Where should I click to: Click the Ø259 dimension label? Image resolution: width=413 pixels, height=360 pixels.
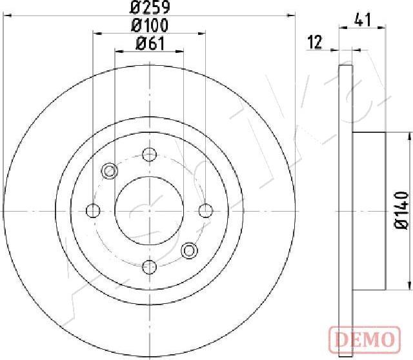(x=150, y=7)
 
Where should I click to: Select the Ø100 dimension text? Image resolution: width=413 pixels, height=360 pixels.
(x=149, y=25)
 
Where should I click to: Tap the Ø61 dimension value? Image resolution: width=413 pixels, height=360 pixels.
(x=150, y=43)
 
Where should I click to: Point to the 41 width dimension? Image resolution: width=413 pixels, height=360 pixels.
(x=363, y=19)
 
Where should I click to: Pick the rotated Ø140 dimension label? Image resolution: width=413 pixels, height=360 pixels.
(x=401, y=211)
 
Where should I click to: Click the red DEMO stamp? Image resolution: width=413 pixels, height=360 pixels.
(x=365, y=339)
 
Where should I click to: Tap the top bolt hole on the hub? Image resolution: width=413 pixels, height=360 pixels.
(x=149, y=154)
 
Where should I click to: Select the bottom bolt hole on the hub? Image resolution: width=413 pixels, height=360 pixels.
(x=149, y=267)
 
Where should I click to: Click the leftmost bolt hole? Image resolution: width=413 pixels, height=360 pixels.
(x=93, y=211)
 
